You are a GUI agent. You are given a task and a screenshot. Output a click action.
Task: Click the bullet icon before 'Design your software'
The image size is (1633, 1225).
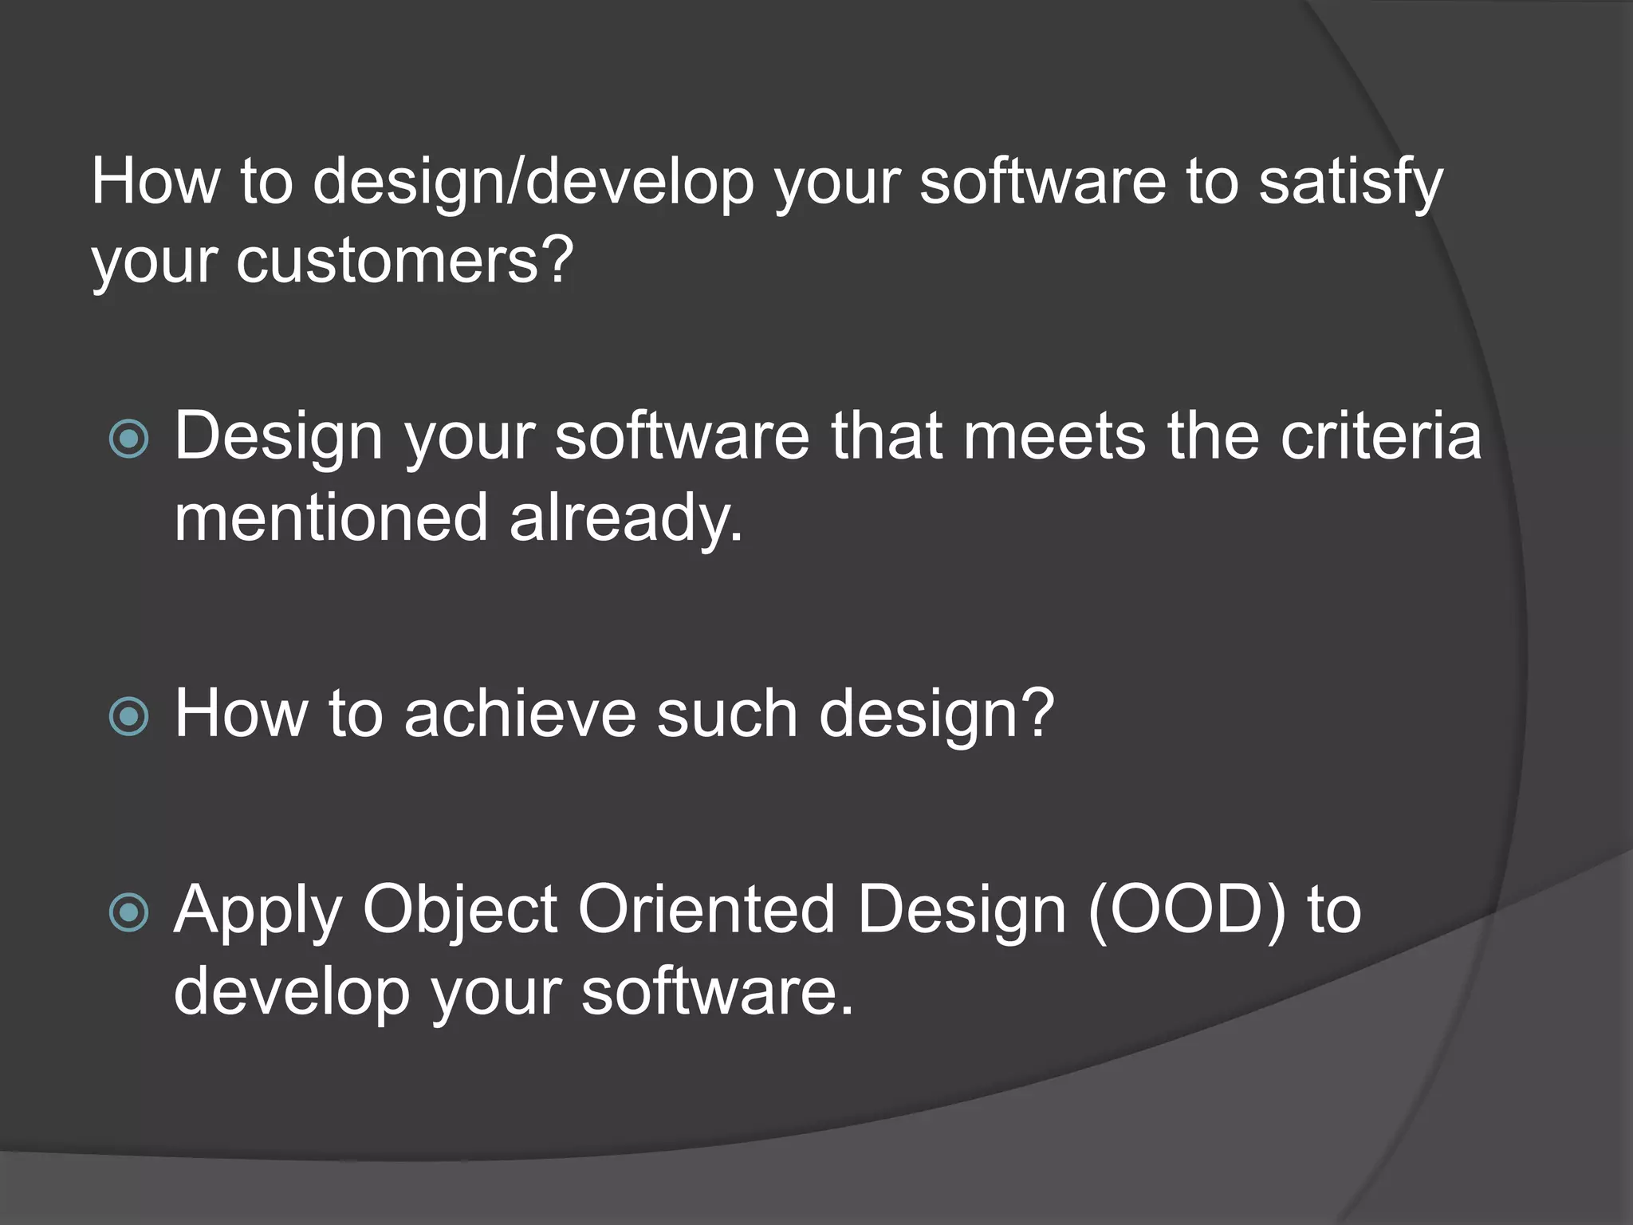[x=129, y=439]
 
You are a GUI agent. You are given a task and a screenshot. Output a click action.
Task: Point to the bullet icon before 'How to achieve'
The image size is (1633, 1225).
[x=129, y=715]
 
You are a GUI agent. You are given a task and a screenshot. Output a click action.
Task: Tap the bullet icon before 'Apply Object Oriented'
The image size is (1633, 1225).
[x=129, y=912]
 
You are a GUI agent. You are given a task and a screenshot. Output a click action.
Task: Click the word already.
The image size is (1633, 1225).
[x=626, y=520]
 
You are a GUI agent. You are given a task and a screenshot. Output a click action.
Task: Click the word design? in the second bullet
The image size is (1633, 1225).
[x=937, y=716]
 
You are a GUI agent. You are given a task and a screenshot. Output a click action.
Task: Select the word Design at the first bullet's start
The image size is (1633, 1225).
[x=278, y=439]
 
